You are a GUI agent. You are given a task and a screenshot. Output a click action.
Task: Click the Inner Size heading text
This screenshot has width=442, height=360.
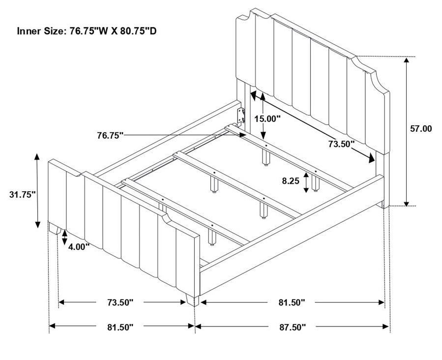pyautogui.click(x=87, y=31)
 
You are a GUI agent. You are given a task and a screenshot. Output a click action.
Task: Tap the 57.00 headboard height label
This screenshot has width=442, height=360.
pyautogui.click(x=421, y=128)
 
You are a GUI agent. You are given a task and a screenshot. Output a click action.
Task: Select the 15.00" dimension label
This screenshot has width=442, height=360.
pyautogui.click(x=267, y=119)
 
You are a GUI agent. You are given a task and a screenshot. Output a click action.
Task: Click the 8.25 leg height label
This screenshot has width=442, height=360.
pyautogui.click(x=291, y=180)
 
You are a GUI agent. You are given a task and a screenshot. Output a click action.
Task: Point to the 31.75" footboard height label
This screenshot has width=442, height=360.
pyautogui.click(x=22, y=194)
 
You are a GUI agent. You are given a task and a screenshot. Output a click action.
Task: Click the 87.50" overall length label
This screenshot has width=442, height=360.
pyautogui.click(x=293, y=327)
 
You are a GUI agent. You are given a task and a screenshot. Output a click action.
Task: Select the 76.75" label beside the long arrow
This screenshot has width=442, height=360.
pyautogui.click(x=111, y=136)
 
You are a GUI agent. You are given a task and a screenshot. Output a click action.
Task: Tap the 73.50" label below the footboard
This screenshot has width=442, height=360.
pyautogui.click(x=120, y=302)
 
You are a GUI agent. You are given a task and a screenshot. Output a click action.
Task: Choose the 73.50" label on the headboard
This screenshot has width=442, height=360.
pyautogui.click(x=341, y=144)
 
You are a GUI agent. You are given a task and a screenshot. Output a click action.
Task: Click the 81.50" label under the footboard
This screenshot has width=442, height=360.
pyautogui.click(x=120, y=327)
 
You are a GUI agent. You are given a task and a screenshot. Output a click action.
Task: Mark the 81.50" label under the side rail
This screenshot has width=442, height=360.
pyautogui.click(x=292, y=302)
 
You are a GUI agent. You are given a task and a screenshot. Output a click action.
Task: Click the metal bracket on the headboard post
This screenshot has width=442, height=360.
pyautogui.click(x=240, y=116)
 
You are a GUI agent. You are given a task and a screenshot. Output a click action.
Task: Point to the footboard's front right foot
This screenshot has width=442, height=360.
pyautogui.click(x=193, y=300)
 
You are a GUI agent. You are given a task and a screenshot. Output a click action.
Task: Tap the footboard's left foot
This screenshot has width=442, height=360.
pyautogui.click(x=55, y=228)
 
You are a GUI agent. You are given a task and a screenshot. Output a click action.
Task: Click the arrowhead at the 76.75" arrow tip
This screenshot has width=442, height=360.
pyautogui.click(x=243, y=135)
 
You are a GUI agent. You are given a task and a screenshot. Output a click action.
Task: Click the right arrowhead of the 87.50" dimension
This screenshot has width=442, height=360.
pyautogui.click(x=386, y=327)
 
